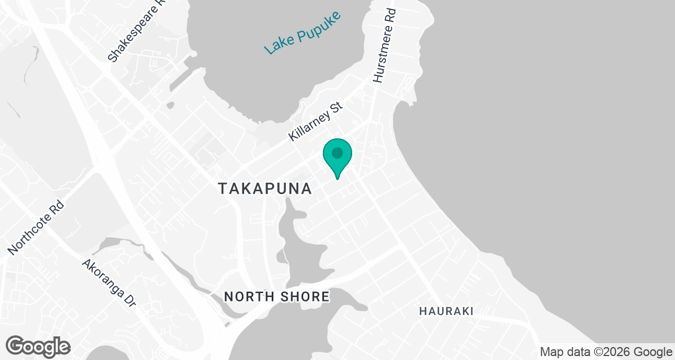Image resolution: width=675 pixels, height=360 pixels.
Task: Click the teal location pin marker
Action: pos(337,157)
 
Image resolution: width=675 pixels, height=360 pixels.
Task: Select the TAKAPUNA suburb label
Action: pos(264,189)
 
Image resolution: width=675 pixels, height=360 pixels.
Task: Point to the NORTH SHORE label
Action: pos(277,296)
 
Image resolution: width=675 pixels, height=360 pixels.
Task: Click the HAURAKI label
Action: pos(446,311)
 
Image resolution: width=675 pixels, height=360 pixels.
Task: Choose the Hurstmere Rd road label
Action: pos(385,46)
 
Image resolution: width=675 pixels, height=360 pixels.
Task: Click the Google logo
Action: pos(38,345)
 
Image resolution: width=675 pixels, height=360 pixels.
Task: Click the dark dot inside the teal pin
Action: pos(337,152)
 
